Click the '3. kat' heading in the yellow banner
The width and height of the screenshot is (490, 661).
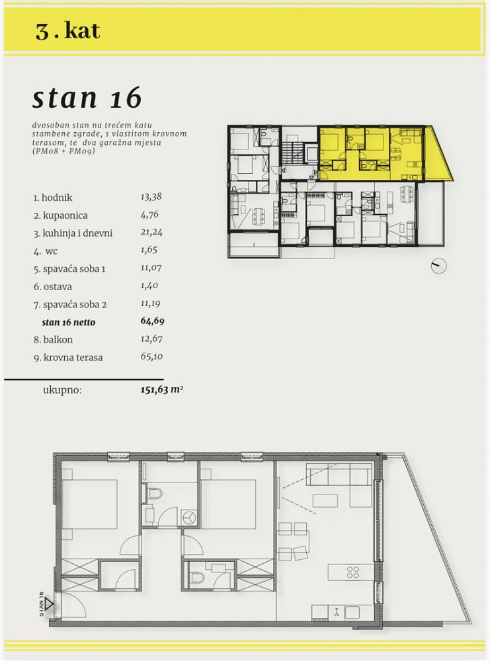pos(67,31)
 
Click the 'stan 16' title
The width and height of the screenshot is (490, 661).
pos(87,98)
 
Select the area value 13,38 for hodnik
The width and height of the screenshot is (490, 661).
pos(151,196)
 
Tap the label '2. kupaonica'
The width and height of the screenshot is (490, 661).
pos(60,215)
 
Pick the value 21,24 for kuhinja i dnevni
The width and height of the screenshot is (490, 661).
pos(151,232)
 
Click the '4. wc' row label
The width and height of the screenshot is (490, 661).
pos(46,251)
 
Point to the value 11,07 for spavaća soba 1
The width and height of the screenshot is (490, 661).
pos(151,268)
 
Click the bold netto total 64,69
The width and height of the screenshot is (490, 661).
pos(152,321)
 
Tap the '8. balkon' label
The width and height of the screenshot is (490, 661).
pos(53,339)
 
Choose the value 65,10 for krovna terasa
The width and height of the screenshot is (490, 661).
pos(151,357)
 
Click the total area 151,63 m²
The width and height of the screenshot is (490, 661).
pos(161,389)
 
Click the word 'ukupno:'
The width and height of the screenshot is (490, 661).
pos(62,390)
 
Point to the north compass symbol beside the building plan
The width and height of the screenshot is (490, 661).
pos(438,266)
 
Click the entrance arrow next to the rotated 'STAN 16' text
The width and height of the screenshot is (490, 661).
pos(50,604)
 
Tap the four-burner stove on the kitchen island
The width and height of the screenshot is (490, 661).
pos(353,572)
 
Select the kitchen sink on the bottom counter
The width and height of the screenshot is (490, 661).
pos(336,612)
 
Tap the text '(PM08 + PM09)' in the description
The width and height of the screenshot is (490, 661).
pos(63,151)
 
